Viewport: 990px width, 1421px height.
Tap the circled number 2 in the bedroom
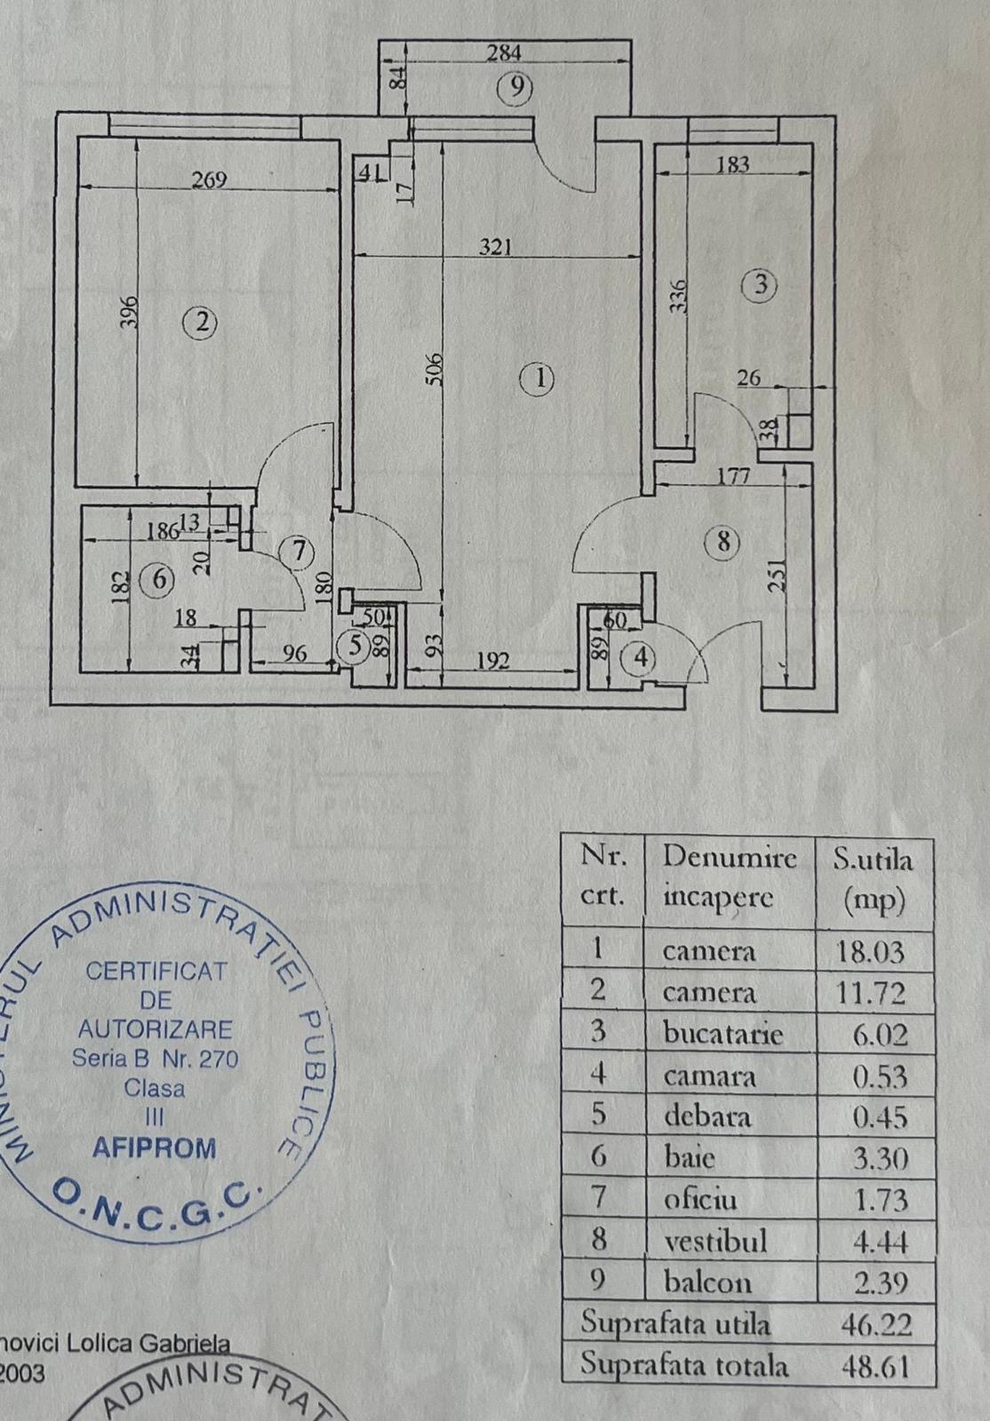point(201,322)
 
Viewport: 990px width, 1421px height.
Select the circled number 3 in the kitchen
point(761,286)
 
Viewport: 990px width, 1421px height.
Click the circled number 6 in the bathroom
point(160,580)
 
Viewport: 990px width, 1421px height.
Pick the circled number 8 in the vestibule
point(723,541)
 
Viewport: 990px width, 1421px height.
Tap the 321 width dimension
point(495,248)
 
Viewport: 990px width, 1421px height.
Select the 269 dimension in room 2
point(210,180)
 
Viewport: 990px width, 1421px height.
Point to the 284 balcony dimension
point(504,53)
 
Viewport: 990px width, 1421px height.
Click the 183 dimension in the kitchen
point(732,164)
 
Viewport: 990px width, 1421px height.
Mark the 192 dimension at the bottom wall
point(491,660)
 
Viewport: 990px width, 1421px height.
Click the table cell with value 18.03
point(871,952)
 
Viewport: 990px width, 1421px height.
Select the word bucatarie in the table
point(723,1034)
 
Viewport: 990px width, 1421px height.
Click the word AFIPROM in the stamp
point(155,1147)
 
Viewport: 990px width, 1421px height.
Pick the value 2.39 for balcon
point(879,1282)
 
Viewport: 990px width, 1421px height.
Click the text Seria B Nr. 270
point(156,1059)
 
